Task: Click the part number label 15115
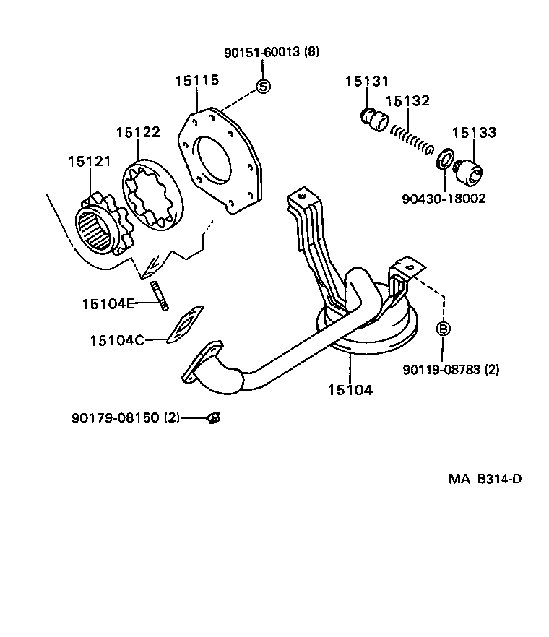(x=196, y=81)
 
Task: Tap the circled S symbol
(x=264, y=87)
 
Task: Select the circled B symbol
(x=444, y=329)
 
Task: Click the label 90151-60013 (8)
(x=271, y=52)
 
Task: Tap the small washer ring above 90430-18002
(x=445, y=157)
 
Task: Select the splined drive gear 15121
(x=102, y=227)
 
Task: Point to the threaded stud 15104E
(x=160, y=296)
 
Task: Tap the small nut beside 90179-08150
(x=213, y=417)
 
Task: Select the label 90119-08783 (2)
(x=451, y=370)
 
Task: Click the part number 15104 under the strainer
(x=350, y=390)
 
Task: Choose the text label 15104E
(x=108, y=303)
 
